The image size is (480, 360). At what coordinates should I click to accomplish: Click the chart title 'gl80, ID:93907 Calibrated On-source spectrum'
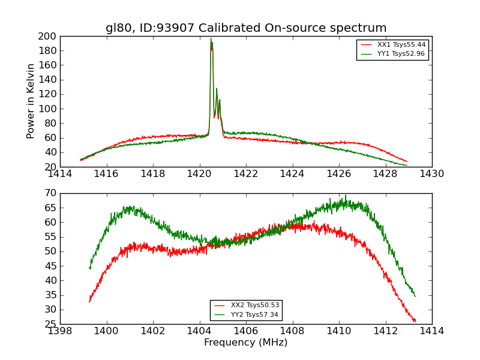246,28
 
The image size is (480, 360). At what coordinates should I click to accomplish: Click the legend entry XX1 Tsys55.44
401,45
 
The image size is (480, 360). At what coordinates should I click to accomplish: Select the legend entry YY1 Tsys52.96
401,54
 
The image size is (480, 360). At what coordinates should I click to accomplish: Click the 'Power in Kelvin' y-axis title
31,101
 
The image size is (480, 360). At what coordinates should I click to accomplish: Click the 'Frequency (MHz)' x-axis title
246,343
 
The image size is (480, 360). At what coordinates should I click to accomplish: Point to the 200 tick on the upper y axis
49,36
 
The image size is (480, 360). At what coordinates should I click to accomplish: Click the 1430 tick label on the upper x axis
432,174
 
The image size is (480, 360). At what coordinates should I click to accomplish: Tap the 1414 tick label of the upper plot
60,174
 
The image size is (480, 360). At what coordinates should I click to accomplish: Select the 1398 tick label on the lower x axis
60,331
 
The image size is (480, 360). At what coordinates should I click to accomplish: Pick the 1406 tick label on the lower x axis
246,331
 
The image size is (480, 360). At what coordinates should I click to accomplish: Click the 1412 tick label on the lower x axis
385,331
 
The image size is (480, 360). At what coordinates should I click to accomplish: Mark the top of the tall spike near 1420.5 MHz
211,39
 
